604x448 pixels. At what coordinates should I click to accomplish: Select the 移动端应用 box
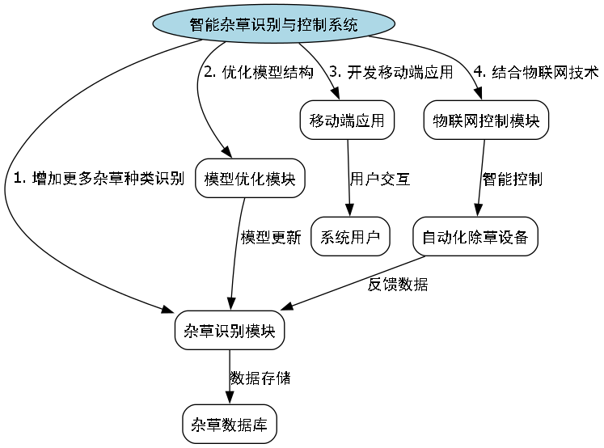pos(348,120)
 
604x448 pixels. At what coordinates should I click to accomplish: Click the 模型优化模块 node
pos(251,179)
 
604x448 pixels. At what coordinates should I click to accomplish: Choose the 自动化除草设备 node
pos(475,237)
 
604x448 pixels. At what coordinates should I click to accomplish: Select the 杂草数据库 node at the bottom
pos(230,424)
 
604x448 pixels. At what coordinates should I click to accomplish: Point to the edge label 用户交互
pos(380,180)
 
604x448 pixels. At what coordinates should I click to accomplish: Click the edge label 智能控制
pos(513,179)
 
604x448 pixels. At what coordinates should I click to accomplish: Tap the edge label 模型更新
pos(271,238)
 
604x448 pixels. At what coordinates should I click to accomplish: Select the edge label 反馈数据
pos(399,284)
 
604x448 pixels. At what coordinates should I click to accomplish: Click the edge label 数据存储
pos(260,378)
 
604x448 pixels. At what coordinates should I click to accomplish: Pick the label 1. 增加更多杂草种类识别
pos(99,179)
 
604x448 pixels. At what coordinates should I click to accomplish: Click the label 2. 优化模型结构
pos(258,72)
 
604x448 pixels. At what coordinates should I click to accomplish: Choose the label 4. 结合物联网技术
pos(535,72)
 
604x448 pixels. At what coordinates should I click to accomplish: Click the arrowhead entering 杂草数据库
pos(230,399)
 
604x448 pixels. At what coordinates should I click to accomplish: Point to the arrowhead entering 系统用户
pos(349,212)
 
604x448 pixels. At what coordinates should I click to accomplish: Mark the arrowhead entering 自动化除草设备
pos(479,212)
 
